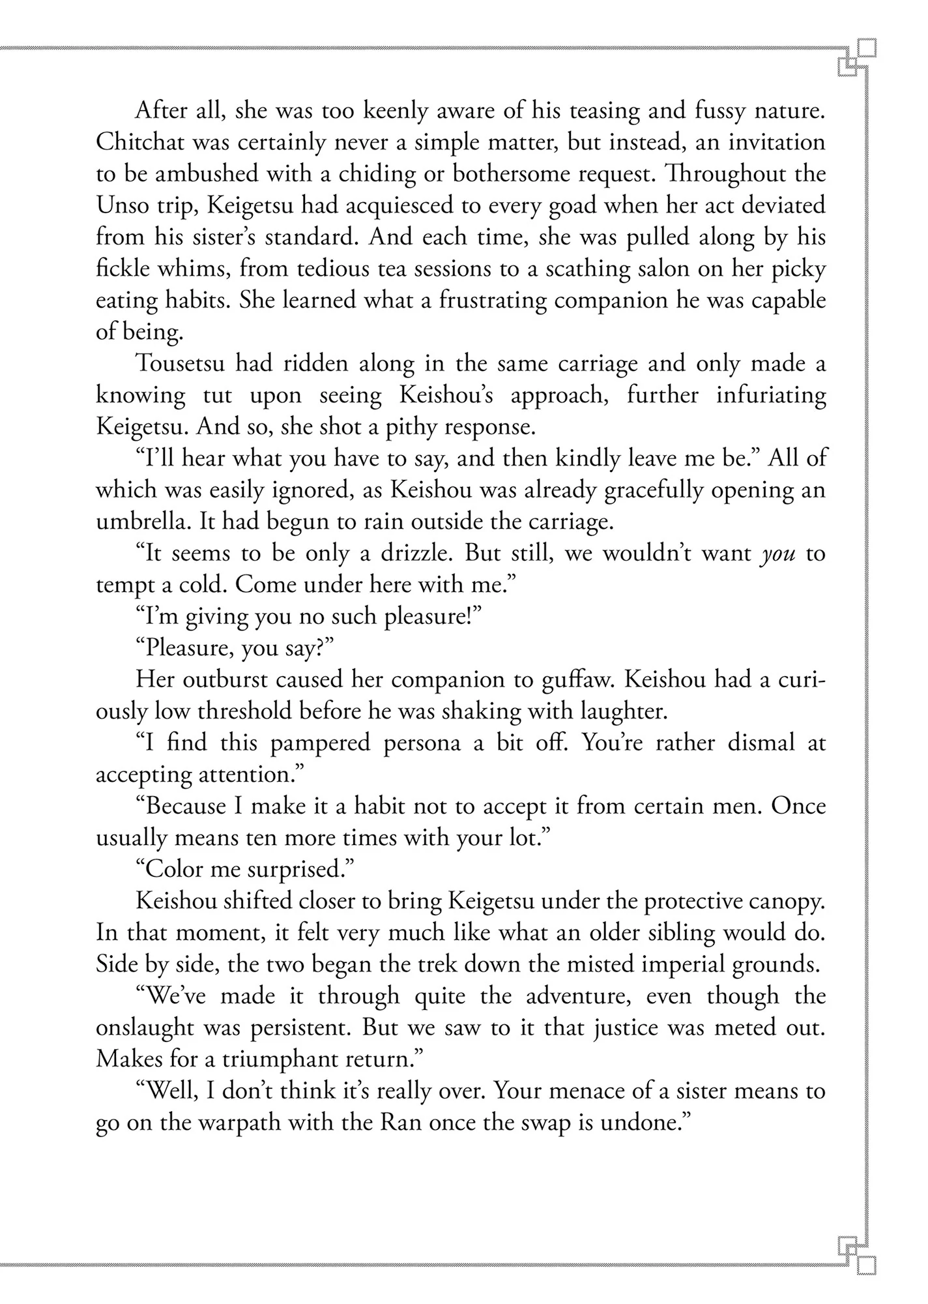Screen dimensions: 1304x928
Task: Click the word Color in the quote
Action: tap(172, 869)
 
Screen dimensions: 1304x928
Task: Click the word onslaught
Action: tap(144, 1028)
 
